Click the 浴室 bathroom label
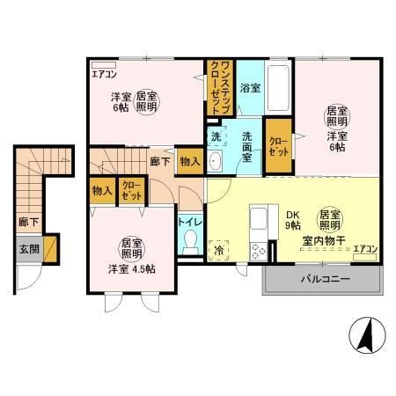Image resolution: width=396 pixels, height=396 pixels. [x=250, y=89]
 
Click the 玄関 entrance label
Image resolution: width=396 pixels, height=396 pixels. [x=29, y=248]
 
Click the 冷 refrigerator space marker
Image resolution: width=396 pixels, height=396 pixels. [x=219, y=250]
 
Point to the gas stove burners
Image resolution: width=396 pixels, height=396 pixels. [x=260, y=250]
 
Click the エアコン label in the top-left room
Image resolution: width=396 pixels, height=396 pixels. [x=104, y=75]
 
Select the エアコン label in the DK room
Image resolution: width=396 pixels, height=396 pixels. [x=365, y=250]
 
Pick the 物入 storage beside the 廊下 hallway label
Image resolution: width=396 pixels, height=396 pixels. [x=188, y=161]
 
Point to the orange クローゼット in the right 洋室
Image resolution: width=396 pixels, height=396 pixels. [x=277, y=145]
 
